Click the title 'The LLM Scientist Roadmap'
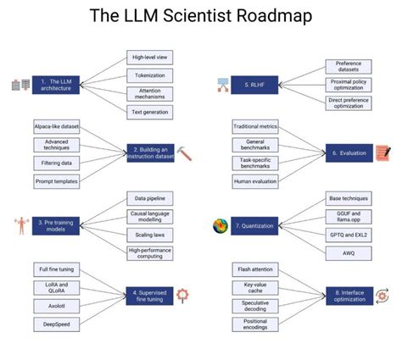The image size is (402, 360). pos(200,16)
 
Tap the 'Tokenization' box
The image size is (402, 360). pos(149,75)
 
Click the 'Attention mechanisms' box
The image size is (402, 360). pos(149,93)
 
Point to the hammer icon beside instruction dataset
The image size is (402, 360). pos(186,153)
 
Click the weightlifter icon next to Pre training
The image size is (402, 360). pos(20,224)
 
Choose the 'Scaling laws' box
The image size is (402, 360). pos(149,234)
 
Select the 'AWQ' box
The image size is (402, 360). pos(349,252)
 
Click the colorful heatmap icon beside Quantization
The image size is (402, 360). pos(220,226)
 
